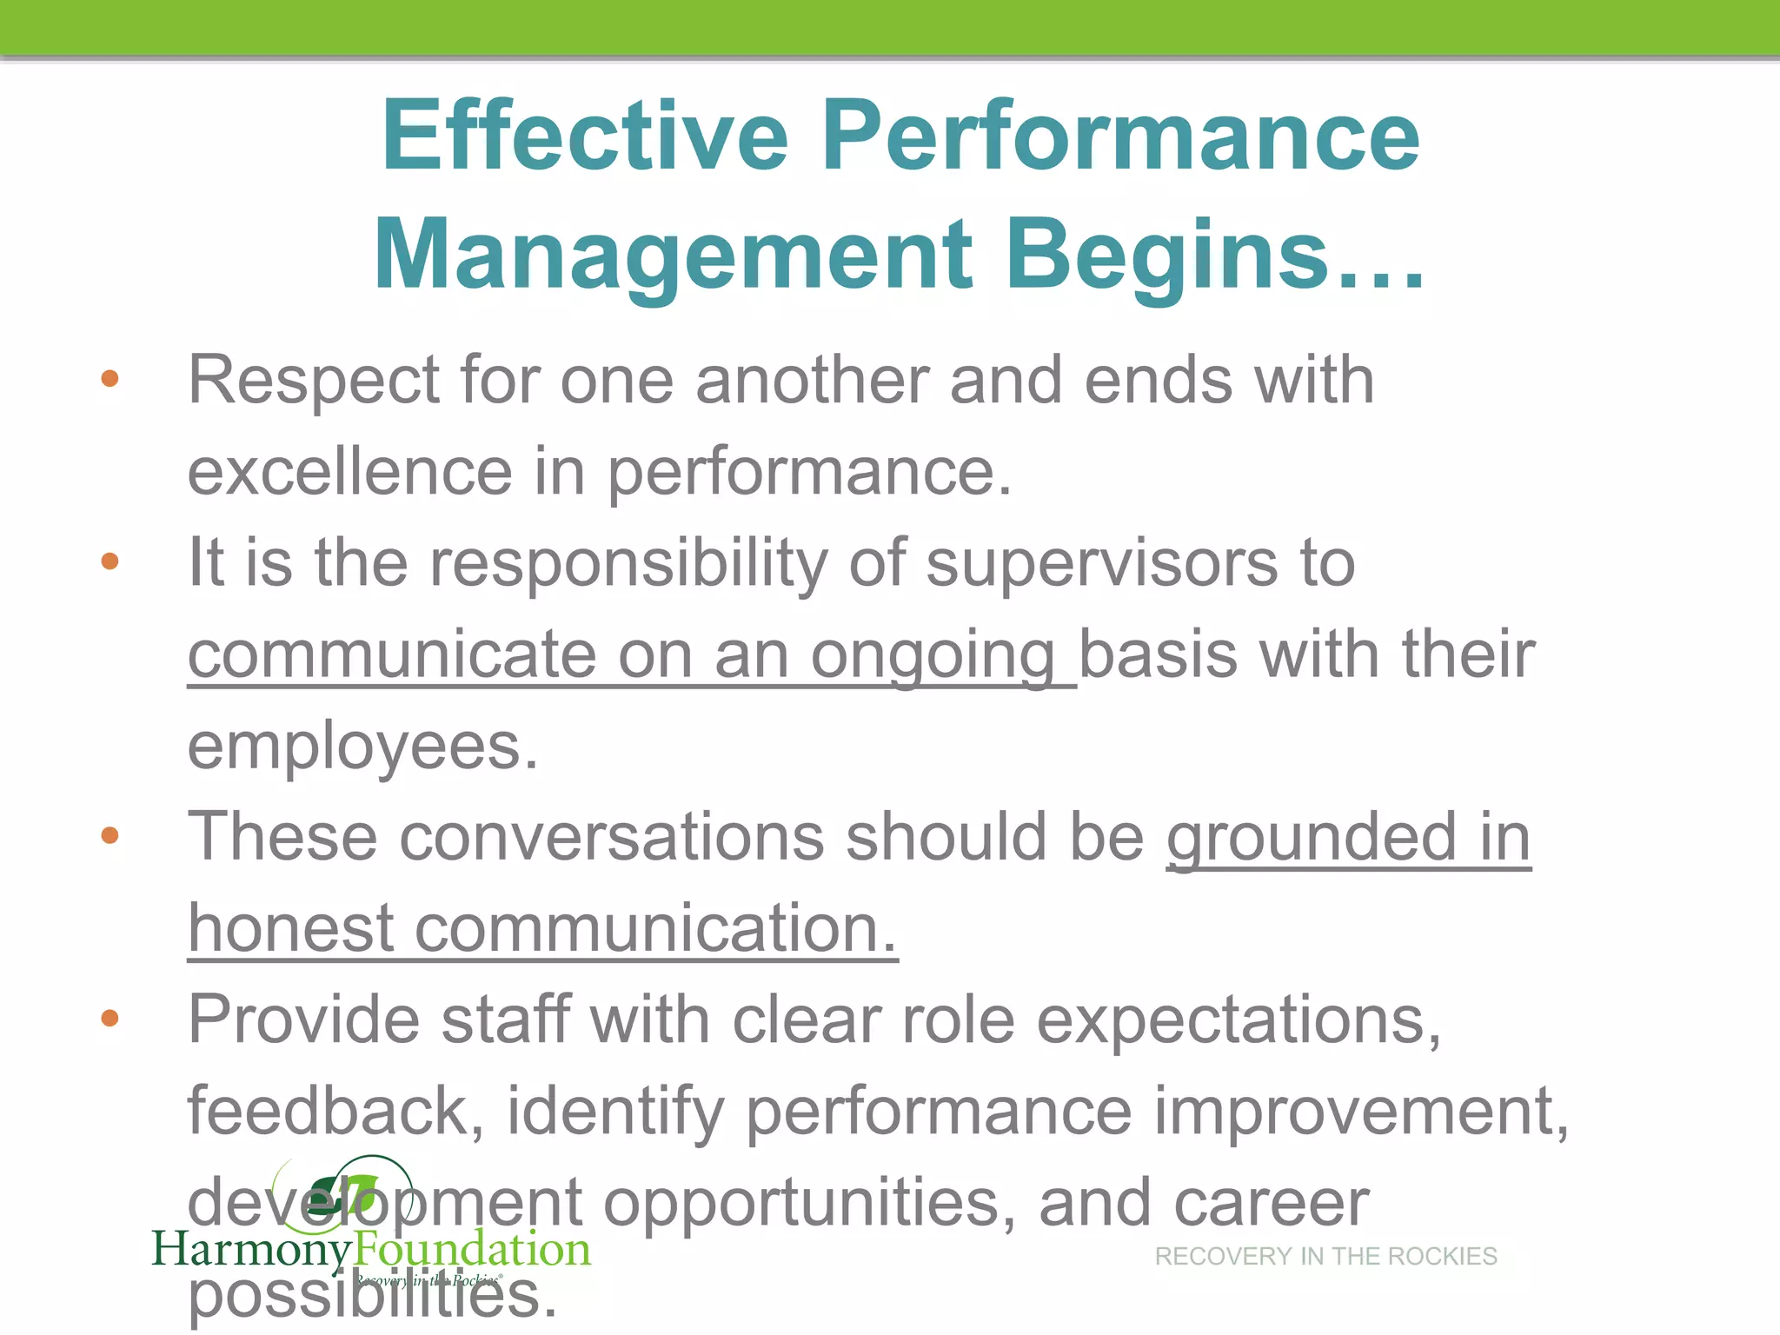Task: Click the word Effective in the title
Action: (x=584, y=136)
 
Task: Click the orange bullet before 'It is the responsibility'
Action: (x=110, y=561)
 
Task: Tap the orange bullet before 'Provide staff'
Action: (x=110, y=1018)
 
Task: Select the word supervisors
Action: (x=1101, y=563)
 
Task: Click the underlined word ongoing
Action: (x=933, y=655)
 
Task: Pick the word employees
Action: (x=362, y=747)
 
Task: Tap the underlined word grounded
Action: (x=1312, y=837)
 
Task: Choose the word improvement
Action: (x=1360, y=1111)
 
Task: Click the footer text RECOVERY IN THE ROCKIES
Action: (x=1325, y=1257)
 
